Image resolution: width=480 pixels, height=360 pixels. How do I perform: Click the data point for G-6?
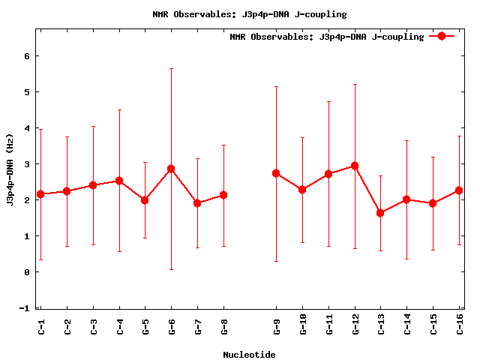pyautogui.click(x=171, y=169)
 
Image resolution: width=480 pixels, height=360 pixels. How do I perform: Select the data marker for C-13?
pyautogui.click(x=380, y=213)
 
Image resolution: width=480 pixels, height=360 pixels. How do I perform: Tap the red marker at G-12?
pyautogui.click(x=355, y=166)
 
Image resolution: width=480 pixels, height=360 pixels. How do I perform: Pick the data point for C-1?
pyautogui.click(x=40, y=194)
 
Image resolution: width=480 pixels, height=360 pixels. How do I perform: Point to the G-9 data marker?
pyautogui.click(x=276, y=173)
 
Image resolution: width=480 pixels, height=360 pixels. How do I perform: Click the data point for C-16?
pyautogui.click(x=459, y=190)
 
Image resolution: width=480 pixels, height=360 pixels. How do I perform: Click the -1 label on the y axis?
pyautogui.click(x=24, y=308)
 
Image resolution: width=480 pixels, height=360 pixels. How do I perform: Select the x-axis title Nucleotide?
pyautogui.click(x=249, y=355)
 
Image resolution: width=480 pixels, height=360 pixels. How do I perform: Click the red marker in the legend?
pyautogui.click(x=442, y=36)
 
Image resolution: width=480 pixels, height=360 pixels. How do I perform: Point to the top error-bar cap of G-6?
pyautogui.click(x=171, y=68)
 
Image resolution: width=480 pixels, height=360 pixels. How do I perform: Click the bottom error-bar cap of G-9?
pyautogui.click(x=276, y=261)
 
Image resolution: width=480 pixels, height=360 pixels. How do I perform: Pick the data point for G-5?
pyautogui.click(x=145, y=200)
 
